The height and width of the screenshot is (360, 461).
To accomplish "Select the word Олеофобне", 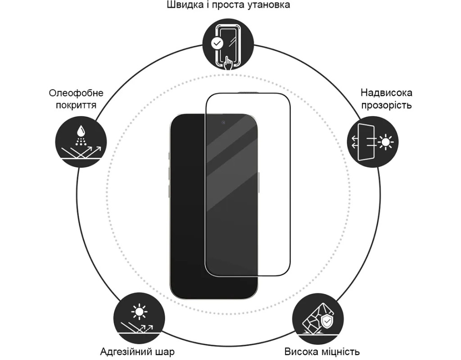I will point(76,93).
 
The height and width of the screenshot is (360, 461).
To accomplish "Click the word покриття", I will point(76,105).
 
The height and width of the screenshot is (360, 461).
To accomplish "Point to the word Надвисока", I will point(386,93).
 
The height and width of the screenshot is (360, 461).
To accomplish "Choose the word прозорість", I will point(386,105).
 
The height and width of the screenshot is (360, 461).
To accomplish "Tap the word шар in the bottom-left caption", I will point(164,351).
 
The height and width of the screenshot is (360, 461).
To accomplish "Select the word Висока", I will point(302,351).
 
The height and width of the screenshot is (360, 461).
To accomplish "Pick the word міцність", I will point(340,351).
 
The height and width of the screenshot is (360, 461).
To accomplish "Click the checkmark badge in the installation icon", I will point(217,43).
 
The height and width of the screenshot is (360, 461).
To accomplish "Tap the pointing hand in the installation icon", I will point(229,63).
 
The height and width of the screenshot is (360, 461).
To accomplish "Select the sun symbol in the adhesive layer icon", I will point(138,311).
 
